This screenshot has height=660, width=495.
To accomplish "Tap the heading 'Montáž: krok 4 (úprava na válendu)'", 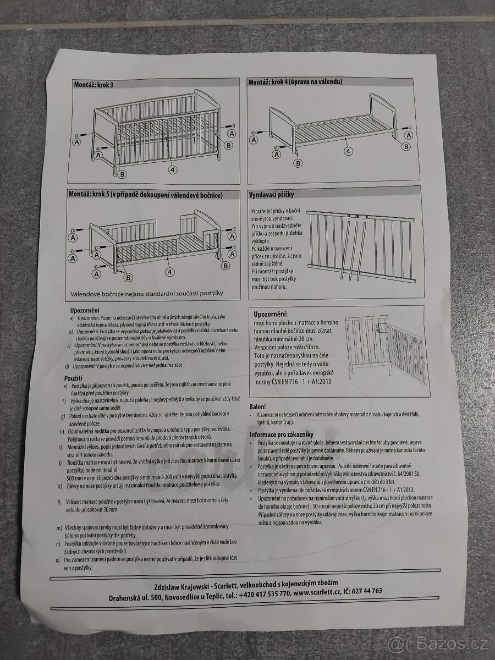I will click(295, 82).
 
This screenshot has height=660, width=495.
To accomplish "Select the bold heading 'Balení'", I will click(258, 406).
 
